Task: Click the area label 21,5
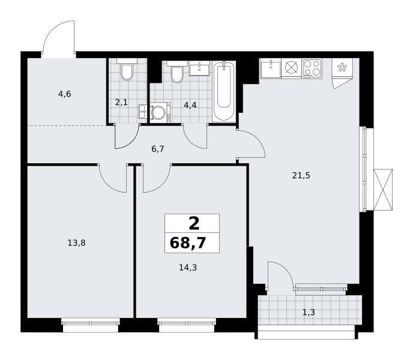pos(301,175)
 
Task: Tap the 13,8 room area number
pos(77,243)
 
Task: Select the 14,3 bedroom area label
pos(188,268)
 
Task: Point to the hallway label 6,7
pos(158,149)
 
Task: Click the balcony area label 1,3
pos(309,313)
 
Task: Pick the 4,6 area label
pos(65,94)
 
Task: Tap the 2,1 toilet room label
pos(121,102)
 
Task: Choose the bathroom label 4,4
pos(190,106)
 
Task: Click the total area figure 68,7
pos(188,243)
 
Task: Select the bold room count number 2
pos(194,224)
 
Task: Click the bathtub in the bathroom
pos(224,91)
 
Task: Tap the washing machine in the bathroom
pos(160,113)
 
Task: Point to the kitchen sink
pos(271,68)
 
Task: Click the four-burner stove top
pos(312,68)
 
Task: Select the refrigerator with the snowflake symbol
pos(342,68)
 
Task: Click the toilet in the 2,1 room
pos(127,70)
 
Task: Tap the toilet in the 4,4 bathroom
pos(177,72)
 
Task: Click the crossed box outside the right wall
pos(383,190)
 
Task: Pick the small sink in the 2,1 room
pos(143,112)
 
